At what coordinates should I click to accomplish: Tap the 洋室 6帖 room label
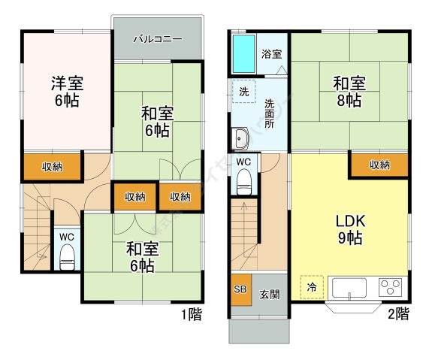click(x=66, y=90)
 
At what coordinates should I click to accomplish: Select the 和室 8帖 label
click(x=350, y=91)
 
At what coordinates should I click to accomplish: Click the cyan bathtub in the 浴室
click(x=244, y=51)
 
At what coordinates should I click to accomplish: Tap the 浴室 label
click(x=272, y=54)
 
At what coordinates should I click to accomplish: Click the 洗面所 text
click(x=269, y=113)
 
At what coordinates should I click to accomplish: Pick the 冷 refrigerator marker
click(x=311, y=286)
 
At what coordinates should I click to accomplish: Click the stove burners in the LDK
click(x=391, y=287)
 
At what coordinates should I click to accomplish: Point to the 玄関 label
click(x=270, y=294)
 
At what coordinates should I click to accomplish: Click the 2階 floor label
click(x=397, y=313)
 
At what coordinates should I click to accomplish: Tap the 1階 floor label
click(x=191, y=314)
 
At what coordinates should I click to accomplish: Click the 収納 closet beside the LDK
click(x=379, y=165)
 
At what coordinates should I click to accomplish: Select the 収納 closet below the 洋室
click(x=52, y=168)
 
